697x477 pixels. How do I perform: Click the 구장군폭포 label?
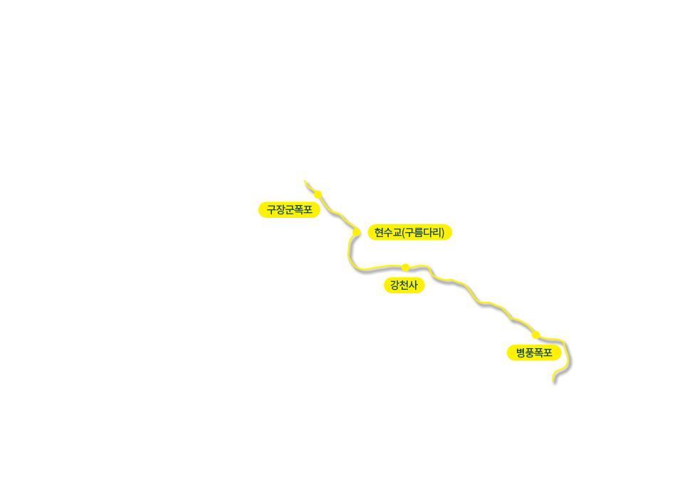[289, 210]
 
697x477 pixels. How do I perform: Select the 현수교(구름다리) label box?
[409, 233]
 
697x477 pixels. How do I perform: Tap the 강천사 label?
[404, 285]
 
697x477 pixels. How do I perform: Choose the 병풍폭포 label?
[534, 353]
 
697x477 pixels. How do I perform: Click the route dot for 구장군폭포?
[318, 194]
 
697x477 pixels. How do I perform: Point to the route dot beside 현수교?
[356, 232]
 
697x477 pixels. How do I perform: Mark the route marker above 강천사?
[406, 267]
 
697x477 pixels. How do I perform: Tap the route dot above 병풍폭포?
[535, 335]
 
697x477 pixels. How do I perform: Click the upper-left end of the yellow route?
[305, 182]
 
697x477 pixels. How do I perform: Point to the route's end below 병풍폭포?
[552, 379]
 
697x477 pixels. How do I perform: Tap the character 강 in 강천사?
[394, 285]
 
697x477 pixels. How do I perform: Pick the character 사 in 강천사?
[413, 285]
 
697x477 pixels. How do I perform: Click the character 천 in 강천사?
[404, 285]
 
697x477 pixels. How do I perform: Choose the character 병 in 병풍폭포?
[520, 353]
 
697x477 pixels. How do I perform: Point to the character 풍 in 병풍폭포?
[530, 353]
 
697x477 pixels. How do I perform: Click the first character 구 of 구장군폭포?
[271, 210]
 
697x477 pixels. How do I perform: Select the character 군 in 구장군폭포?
[289, 210]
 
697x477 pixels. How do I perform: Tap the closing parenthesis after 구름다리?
[443, 233]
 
